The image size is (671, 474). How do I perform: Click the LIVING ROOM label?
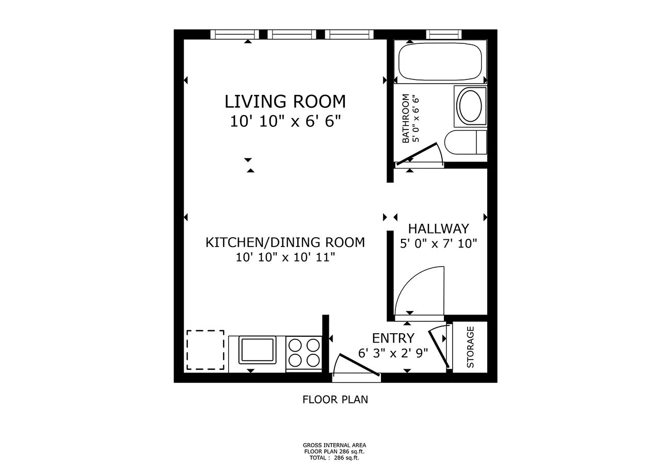point(285,101)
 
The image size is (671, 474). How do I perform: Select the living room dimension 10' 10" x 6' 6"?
point(285,122)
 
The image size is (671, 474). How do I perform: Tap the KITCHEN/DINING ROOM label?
point(285,242)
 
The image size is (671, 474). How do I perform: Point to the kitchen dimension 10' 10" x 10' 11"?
point(285,257)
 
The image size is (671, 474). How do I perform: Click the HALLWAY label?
point(438,228)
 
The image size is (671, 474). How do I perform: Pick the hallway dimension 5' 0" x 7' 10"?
point(438,243)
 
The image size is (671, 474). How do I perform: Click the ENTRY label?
point(393,338)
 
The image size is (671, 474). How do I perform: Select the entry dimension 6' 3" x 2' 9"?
point(393,353)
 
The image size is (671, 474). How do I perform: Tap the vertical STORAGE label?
point(470,347)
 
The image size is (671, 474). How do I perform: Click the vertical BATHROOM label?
point(406,118)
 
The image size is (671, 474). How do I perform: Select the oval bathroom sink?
point(470,106)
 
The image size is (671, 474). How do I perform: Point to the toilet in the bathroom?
point(466,142)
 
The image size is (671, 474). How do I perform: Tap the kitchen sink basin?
point(257,350)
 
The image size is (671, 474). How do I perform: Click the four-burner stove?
point(303,352)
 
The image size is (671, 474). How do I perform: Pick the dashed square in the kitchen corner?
point(205,350)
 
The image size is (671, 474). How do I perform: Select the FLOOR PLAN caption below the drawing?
point(335,399)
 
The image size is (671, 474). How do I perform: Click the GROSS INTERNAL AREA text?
point(334,445)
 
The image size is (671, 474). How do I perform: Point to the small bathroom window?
point(443,35)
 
